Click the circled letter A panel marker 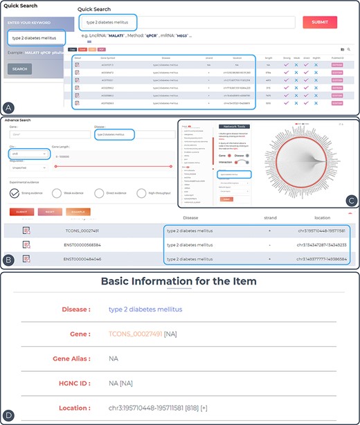10,107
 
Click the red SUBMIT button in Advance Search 23,211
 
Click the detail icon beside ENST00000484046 26,258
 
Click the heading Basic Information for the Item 179,281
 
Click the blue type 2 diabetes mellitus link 145,309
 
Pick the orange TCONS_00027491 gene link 135,334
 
